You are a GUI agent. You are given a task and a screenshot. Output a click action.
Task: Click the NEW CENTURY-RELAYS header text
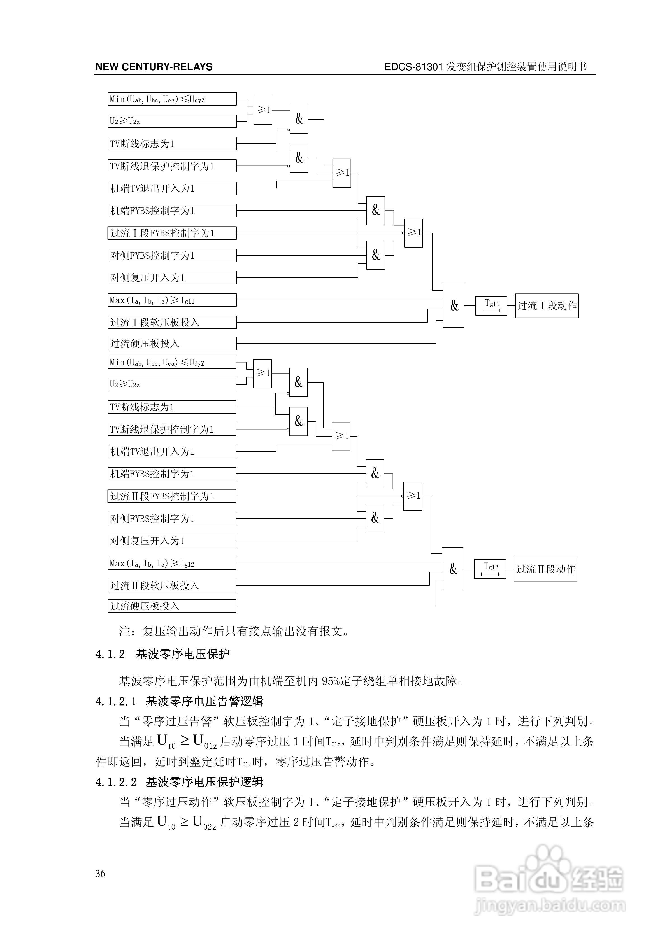point(154,67)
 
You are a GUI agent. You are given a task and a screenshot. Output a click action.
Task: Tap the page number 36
point(100,874)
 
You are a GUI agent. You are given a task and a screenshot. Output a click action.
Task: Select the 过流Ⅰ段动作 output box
point(547,305)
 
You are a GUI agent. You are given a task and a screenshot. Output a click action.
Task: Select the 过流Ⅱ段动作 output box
point(545,569)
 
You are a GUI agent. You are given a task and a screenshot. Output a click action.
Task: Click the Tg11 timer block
point(491,305)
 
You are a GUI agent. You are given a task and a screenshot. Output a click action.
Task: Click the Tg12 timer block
point(490,569)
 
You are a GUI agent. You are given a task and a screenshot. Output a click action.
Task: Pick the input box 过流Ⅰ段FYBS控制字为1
point(172,233)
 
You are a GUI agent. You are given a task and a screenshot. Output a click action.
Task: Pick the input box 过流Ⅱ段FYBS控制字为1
point(172,496)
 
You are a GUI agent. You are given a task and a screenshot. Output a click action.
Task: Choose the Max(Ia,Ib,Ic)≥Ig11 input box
point(172,300)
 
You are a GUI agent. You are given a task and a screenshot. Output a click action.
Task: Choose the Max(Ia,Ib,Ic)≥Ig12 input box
point(172,563)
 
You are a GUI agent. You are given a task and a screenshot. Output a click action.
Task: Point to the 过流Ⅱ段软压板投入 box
point(172,585)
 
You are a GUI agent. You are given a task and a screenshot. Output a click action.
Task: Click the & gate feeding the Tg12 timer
point(452,569)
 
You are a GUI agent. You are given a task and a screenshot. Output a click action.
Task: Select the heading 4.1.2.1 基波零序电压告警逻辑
point(180,701)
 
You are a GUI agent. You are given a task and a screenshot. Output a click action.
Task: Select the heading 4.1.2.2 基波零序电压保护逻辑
point(180,782)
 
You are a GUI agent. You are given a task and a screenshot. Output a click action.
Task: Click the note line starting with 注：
point(234,631)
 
